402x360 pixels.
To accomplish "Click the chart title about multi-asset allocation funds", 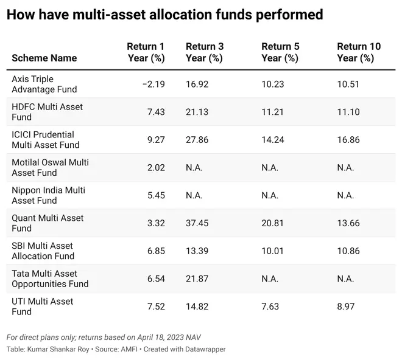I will (x=164, y=14).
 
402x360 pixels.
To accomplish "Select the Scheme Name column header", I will (x=44, y=58).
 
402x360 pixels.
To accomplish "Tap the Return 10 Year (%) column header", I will (x=359, y=52).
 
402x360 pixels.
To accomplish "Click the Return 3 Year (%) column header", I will (x=205, y=52).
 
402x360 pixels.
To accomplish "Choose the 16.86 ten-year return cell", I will (x=348, y=140).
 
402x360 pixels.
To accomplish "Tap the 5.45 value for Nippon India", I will (x=156, y=195).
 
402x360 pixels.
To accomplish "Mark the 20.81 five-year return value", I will (x=272, y=223).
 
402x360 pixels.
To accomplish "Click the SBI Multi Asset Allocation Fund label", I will (x=43, y=251).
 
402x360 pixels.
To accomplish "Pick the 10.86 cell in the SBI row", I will (x=348, y=251).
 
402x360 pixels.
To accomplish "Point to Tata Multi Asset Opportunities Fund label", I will (x=50, y=279).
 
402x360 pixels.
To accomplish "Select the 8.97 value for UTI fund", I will (x=346, y=306).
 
